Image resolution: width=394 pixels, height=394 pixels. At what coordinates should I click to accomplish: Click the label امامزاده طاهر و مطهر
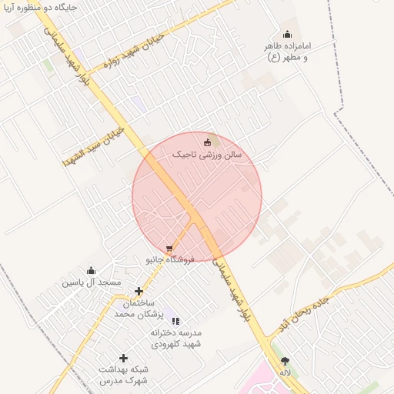(287, 52)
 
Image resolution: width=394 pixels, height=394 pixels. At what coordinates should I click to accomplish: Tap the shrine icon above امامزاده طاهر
(287, 34)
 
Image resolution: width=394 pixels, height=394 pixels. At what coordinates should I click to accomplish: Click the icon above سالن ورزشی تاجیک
(206, 142)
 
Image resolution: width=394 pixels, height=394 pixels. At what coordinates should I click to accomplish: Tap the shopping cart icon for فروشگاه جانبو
(169, 249)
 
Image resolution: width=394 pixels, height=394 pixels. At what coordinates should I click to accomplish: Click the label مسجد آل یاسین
(92, 282)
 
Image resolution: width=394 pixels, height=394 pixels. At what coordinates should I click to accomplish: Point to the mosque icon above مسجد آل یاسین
(92, 270)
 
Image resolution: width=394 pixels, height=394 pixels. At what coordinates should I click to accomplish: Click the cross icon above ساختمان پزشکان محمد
(139, 291)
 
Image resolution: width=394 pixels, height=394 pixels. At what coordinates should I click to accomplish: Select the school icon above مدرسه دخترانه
(175, 321)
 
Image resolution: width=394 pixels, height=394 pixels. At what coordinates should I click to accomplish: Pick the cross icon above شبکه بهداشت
(123, 358)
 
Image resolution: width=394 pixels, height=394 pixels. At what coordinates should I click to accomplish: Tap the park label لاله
(285, 372)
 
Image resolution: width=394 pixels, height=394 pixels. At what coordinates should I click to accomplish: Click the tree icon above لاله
(285, 360)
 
